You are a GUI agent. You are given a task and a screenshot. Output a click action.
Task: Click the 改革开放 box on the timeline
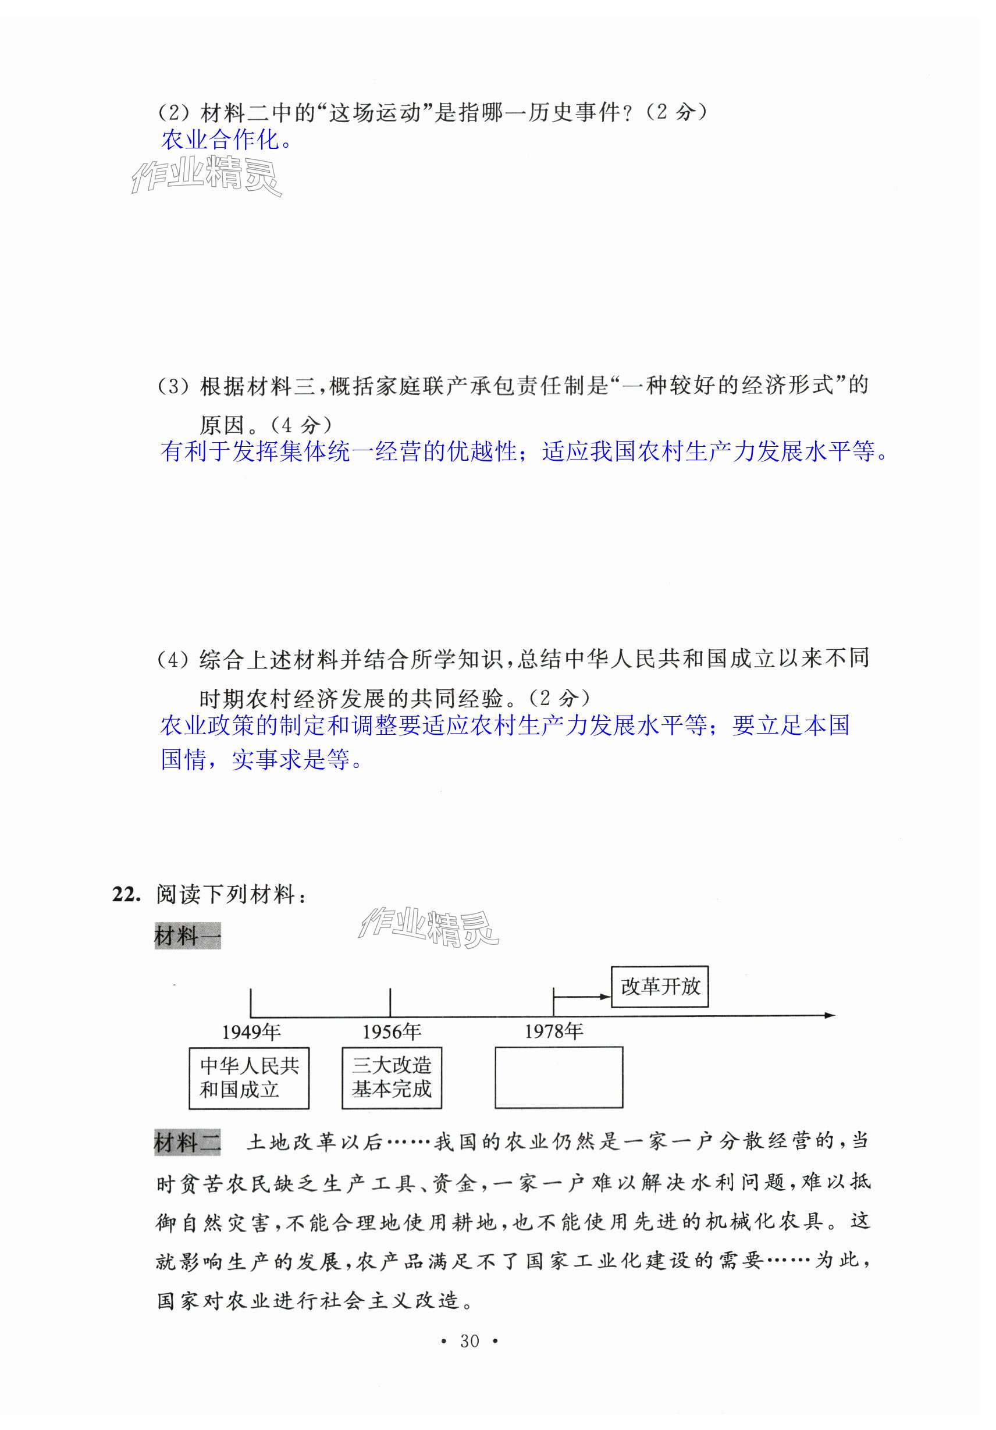pyautogui.click(x=659, y=987)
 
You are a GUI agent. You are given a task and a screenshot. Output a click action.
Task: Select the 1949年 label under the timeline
pyautogui.click(x=251, y=1032)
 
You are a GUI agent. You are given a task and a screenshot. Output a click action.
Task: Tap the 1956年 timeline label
pyautogui.click(x=391, y=1032)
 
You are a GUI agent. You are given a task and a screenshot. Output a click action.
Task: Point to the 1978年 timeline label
pyautogui.click(x=553, y=1031)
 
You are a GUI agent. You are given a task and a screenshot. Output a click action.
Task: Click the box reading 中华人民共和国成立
pyautogui.click(x=248, y=1078)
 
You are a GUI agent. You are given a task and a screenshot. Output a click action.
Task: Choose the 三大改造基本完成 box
pyautogui.click(x=391, y=1077)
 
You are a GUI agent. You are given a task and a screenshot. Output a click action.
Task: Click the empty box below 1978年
pyautogui.click(x=558, y=1077)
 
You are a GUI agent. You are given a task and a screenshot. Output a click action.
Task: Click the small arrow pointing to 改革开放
pyautogui.click(x=603, y=997)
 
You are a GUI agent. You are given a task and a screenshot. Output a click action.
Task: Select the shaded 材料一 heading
pyautogui.click(x=187, y=935)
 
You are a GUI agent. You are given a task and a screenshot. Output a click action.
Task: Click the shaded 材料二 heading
pyautogui.click(x=187, y=1142)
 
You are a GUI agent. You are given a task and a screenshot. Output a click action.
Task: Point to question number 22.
pyautogui.click(x=126, y=894)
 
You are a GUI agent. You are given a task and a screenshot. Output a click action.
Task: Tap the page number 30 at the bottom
pyautogui.click(x=469, y=1341)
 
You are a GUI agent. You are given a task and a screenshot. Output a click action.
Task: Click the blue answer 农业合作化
pyautogui.click(x=226, y=140)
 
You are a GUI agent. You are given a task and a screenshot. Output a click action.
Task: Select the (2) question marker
pyautogui.click(x=173, y=113)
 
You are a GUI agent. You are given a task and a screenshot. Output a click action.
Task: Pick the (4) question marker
pyautogui.click(x=173, y=660)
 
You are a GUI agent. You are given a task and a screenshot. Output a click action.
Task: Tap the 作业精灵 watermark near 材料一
pyautogui.click(x=429, y=927)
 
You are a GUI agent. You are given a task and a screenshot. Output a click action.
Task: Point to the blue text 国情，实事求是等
pyautogui.click(x=261, y=759)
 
